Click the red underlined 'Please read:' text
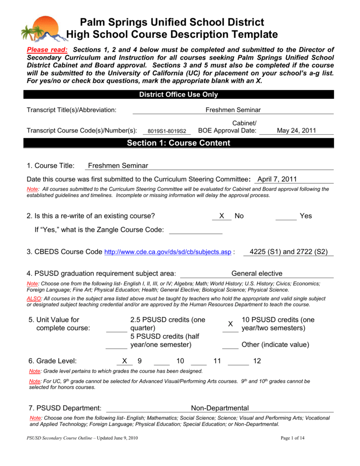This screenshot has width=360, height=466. pyautogui.click(x=47, y=50)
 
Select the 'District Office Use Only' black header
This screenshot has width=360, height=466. pyautogui.click(x=178, y=95)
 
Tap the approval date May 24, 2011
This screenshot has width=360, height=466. pyautogui.click(x=296, y=131)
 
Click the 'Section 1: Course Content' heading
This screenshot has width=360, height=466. pyautogui.click(x=178, y=143)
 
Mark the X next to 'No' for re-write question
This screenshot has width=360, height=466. pyautogui.click(x=222, y=216)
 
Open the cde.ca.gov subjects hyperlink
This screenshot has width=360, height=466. pyautogui.click(x=168, y=252)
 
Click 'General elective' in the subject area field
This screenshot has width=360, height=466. pyautogui.click(x=257, y=274)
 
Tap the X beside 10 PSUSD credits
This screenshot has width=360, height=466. pyautogui.click(x=230, y=324)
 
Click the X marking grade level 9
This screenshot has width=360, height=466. pyautogui.click(x=124, y=361)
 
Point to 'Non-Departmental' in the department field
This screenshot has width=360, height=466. pyautogui.click(x=219, y=408)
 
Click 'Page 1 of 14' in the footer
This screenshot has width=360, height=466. pyautogui.click(x=293, y=438)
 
